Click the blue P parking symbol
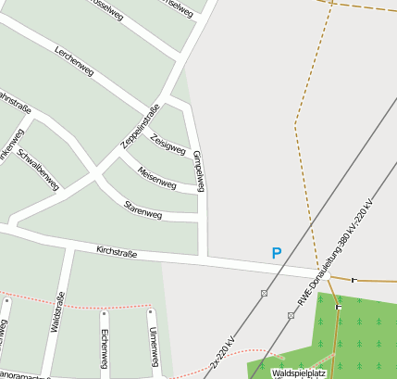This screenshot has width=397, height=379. click(x=276, y=253)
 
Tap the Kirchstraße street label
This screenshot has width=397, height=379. click(x=117, y=250)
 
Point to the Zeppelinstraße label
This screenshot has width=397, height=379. click(x=141, y=126)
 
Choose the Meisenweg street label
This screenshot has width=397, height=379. click(x=156, y=177)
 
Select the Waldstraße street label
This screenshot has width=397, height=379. click(x=56, y=311)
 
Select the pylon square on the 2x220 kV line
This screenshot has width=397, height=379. click(x=265, y=293)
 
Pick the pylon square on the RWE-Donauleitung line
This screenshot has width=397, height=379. click(x=292, y=315)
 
